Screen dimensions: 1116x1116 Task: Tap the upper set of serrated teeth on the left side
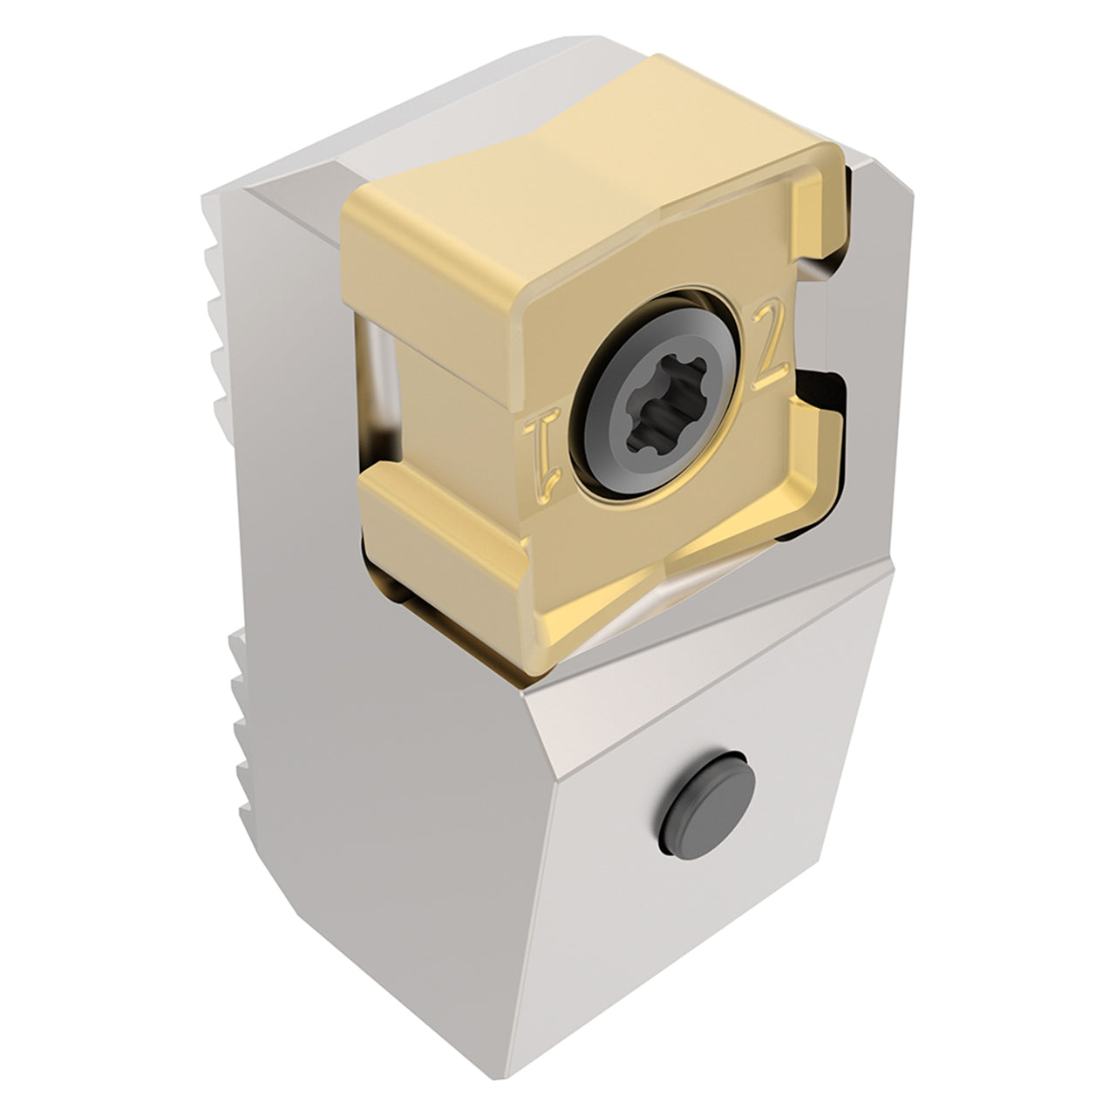pyautogui.click(x=220, y=324)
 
